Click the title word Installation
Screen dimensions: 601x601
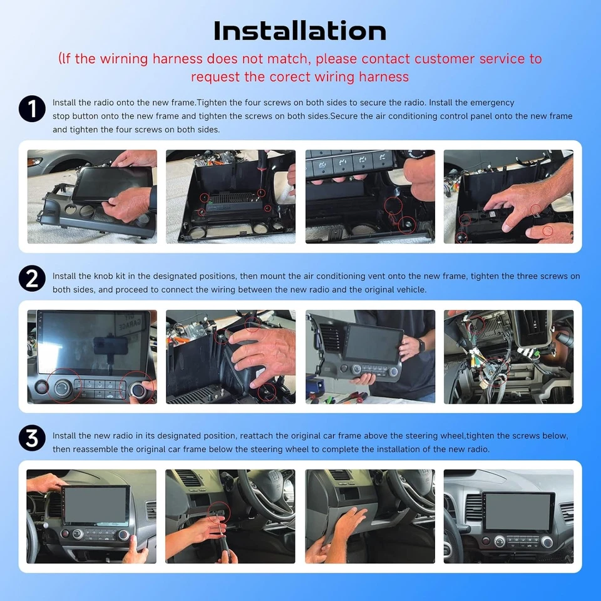300,30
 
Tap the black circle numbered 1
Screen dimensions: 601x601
32,109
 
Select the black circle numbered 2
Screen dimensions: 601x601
32,278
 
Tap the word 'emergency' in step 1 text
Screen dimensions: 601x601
492,102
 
